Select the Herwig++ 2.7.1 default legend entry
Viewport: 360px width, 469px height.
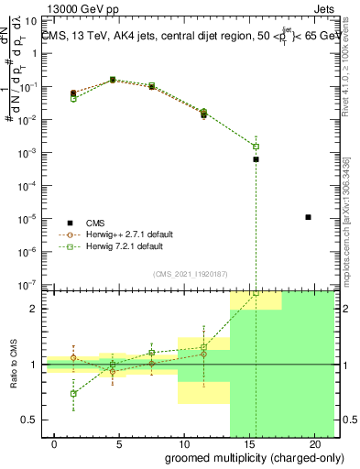click(125, 234)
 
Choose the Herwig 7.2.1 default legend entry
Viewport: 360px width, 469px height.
click(120, 246)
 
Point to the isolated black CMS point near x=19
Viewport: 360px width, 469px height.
click(309, 217)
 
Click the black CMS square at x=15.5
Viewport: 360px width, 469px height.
click(256, 159)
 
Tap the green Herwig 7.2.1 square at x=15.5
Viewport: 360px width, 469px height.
click(256, 147)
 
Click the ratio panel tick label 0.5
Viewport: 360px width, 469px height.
click(27, 420)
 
